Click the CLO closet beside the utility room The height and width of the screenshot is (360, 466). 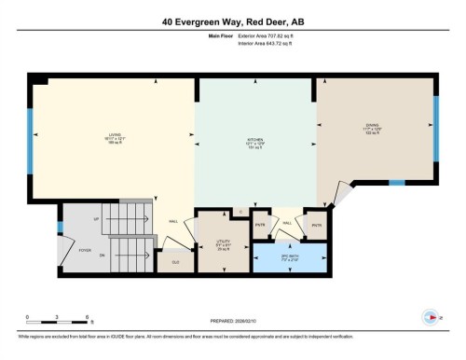pyautogui.click(x=175, y=262)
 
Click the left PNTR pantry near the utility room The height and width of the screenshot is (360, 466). pyautogui.click(x=261, y=225)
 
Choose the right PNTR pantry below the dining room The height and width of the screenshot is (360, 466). pyautogui.click(x=317, y=225)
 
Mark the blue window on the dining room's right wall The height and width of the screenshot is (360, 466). pyautogui.click(x=436, y=125)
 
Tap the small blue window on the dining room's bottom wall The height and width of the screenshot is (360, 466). pyautogui.click(x=397, y=183)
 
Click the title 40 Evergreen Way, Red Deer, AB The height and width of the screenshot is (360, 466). pyautogui.click(x=233, y=20)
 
